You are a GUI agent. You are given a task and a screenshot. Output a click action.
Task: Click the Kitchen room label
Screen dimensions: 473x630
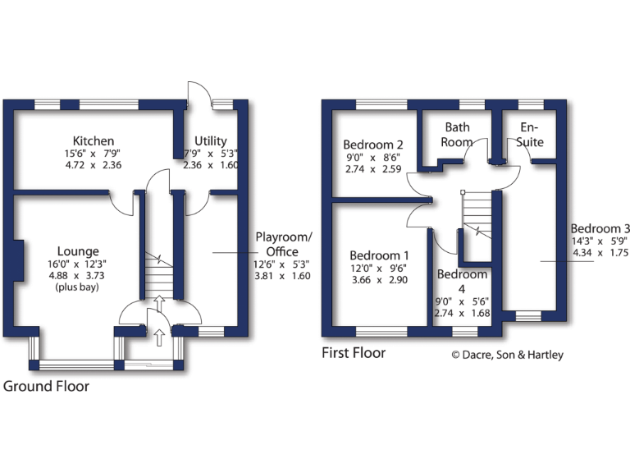(x=93, y=141)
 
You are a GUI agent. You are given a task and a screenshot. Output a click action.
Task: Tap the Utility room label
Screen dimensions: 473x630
(x=211, y=141)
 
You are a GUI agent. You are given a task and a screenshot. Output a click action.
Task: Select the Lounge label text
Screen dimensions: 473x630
(x=78, y=251)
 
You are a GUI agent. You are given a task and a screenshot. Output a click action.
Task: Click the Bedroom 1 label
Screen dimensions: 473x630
(x=379, y=255)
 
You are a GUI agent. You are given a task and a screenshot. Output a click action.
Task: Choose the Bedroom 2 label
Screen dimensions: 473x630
(x=373, y=145)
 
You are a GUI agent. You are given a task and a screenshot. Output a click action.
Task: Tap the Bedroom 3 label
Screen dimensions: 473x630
(x=600, y=228)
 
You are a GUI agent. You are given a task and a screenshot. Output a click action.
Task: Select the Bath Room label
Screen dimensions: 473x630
(x=457, y=135)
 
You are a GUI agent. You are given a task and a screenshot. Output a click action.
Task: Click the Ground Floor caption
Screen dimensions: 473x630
(x=47, y=385)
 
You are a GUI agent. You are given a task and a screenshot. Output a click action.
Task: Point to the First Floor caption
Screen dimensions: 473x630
(x=354, y=353)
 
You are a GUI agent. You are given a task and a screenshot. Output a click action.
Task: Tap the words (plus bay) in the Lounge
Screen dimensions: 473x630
(x=78, y=288)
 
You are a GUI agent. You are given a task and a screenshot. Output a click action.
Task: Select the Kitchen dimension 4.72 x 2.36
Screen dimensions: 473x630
(x=93, y=164)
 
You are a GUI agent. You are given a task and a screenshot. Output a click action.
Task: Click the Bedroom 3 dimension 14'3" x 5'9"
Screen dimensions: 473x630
(x=600, y=241)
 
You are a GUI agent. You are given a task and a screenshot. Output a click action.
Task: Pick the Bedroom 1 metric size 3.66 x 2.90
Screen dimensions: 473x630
(x=379, y=280)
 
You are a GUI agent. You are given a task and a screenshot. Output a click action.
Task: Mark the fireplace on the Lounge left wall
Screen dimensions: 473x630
(x=16, y=259)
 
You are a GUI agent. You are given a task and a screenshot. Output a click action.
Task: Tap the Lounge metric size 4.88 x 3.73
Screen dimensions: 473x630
(x=78, y=276)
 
